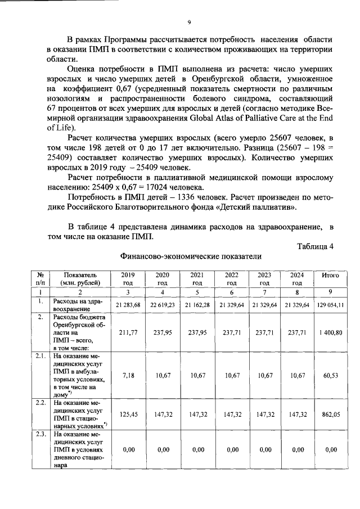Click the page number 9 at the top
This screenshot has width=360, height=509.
190,22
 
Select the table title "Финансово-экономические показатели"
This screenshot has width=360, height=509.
191,256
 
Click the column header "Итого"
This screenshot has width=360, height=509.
330,276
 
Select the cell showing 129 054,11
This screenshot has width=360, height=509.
330,304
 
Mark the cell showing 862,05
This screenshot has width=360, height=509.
330,413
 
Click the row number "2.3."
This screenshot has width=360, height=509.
40,435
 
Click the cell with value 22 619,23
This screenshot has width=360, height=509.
163,304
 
